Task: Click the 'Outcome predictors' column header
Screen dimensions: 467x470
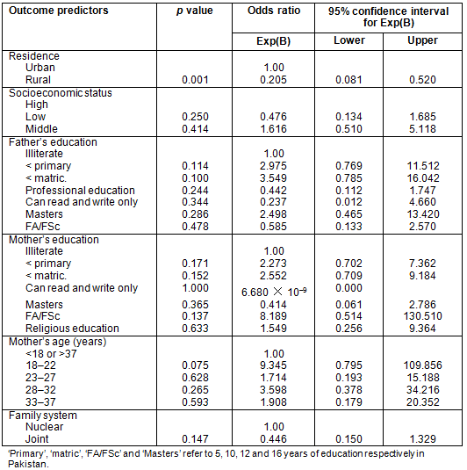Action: pos(59,11)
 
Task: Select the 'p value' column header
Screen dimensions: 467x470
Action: pos(195,11)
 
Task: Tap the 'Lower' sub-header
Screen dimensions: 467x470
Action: pos(349,40)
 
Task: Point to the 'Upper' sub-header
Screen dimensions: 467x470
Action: pos(422,40)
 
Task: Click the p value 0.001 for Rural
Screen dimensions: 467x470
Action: pos(195,80)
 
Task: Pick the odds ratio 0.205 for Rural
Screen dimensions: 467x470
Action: pos(273,80)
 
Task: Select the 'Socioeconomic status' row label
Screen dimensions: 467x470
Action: pos(61,93)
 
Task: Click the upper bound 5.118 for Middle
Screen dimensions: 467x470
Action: pos(422,129)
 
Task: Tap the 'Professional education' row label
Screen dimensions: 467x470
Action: pos(80,191)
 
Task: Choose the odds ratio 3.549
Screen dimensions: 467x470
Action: pos(273,178)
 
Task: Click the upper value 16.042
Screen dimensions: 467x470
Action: pos(422,178)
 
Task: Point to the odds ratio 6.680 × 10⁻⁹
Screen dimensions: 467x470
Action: pos(274,292)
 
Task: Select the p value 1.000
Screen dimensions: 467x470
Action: pos(195,288)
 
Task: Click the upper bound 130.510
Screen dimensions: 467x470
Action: pos(422,316)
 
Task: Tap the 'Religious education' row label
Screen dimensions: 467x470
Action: pos(72,329)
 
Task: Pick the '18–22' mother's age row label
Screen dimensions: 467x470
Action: pos(40,365)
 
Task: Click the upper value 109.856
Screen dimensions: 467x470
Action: pos(422,365)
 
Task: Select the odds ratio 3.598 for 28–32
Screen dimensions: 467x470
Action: pos(273,390)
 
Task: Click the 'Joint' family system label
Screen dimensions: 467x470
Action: pos(37,439)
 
